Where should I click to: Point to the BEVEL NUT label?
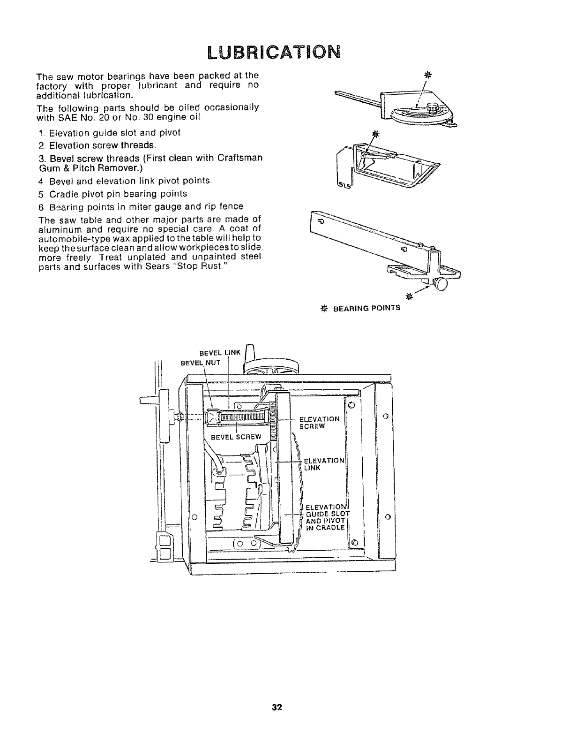tap(201, 363)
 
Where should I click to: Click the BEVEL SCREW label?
tap(236, 437)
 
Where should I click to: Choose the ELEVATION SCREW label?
tap(319, 422)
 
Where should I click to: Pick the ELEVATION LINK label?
tap(324, 463)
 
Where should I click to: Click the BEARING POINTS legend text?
tap(373, 308)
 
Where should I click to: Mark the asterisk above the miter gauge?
tap(426, 75)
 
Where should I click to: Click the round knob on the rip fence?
tap(441, 284)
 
